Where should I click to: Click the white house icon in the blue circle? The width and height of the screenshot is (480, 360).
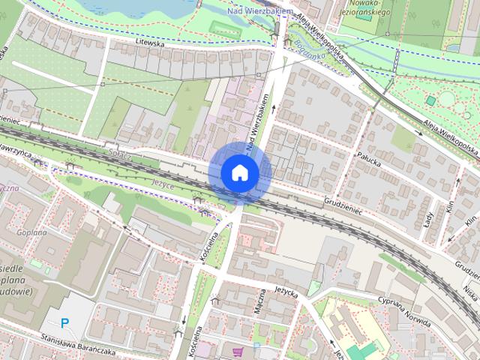click(x=239, y=172)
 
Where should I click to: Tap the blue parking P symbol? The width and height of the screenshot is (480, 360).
click(x=65, y=323)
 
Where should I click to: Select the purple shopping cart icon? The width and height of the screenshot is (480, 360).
click(x=238, y=351)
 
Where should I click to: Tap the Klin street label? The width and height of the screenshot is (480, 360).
click(x=450, y=209)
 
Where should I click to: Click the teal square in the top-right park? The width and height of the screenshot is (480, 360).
click(x=430, y=100)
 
